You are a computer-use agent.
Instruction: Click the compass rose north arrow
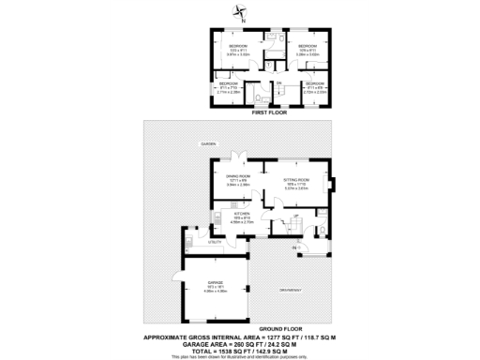pos(241,12)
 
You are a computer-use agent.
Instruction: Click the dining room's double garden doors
pos(240,156)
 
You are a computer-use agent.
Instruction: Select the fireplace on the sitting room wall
pos(329,182)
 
